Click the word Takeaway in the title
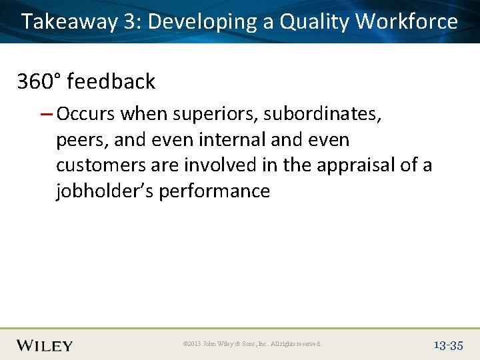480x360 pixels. click(x=69, y=22)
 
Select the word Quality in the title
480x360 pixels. click(x=315, y=22)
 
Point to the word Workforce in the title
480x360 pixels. click(x=407, y=22)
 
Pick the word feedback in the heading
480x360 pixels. click(x=111, y=82)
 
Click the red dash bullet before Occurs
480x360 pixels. click(x=46, y=114)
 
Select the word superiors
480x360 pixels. click(x=215, y=115)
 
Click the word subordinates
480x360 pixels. click(x=322, y=115)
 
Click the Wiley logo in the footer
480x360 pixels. click(x=45, y=345)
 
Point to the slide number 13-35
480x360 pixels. click(x=447, y=345)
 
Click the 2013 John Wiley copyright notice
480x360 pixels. click(x=252, y=345)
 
